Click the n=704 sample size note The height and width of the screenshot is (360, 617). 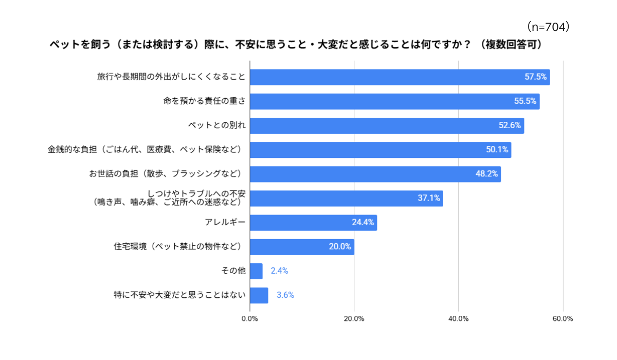coord(548,27)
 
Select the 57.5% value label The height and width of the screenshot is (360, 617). coord(535,77)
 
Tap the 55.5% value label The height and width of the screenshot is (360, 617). coord(525,101)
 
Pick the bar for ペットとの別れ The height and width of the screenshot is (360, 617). coord(387,125)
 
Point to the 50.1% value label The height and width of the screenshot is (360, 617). coord(497,150)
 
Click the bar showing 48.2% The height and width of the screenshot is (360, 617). coord(375,174)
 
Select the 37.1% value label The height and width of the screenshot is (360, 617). coord(429,198)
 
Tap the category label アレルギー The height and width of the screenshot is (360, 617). coord(225,222)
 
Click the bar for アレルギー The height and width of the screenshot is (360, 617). coord(314,223)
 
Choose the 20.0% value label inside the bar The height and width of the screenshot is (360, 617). coord(340,246)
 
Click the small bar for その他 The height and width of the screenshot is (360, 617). coord(256,271)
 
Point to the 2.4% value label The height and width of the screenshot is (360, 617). coord(279,271)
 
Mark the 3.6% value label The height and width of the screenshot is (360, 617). coord(285,295)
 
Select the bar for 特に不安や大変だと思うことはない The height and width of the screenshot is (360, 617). coord(259,295)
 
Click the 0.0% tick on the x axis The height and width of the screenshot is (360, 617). coord(249,319)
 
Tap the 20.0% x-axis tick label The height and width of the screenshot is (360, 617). coord(354,319)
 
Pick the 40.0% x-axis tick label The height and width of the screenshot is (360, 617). coord(458,319)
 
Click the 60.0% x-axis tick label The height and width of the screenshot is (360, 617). coord(562,319)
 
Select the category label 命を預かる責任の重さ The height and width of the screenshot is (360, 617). coord(204,101)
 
